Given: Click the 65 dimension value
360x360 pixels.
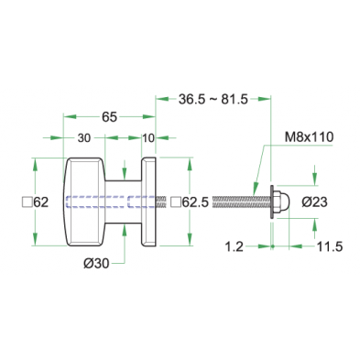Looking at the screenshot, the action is tap(109, 117).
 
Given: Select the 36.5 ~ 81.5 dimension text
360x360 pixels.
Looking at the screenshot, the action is tap(213, 100).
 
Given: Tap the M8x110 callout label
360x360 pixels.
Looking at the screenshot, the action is tap(309, 137).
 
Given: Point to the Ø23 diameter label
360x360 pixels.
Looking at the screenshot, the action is tap(314, 202).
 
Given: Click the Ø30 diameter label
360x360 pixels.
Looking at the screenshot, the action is tap(96, 264).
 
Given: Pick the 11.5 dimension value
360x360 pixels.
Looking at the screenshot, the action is tap(330, 246).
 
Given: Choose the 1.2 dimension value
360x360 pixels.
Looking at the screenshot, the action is tap(235, 246).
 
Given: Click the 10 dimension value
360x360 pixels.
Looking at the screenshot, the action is tap(148, 138).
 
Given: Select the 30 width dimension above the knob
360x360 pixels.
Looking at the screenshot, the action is tap(84, 138).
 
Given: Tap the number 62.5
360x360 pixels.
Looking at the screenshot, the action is tap(195, 202).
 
